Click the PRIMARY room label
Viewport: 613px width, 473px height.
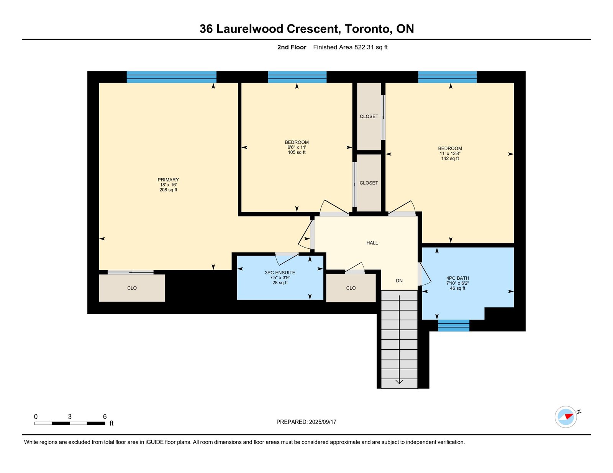(168, 180)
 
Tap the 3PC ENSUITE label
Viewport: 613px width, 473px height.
(280, 273)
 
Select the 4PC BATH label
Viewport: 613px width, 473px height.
(457, 278)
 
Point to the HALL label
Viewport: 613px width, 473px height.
(372, 243)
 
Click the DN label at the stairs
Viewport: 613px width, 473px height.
(399, 281)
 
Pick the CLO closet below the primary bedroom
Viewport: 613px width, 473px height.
(132, 288)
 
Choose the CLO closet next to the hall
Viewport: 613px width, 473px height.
(351, 288)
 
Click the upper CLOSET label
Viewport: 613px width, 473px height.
(369, 116)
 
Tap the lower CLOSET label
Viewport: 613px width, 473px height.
(369, 183)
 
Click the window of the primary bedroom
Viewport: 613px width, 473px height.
(172, 77)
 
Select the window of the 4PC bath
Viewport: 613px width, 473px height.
(454, 326)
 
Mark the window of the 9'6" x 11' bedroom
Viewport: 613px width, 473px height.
(297, 77)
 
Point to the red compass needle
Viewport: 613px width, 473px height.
(569, 416)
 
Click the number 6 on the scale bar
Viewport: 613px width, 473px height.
(105, 416)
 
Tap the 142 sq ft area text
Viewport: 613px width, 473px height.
(450, 158)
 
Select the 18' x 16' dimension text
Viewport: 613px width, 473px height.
(168, 185)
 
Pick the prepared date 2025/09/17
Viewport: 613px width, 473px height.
(323, 422)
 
